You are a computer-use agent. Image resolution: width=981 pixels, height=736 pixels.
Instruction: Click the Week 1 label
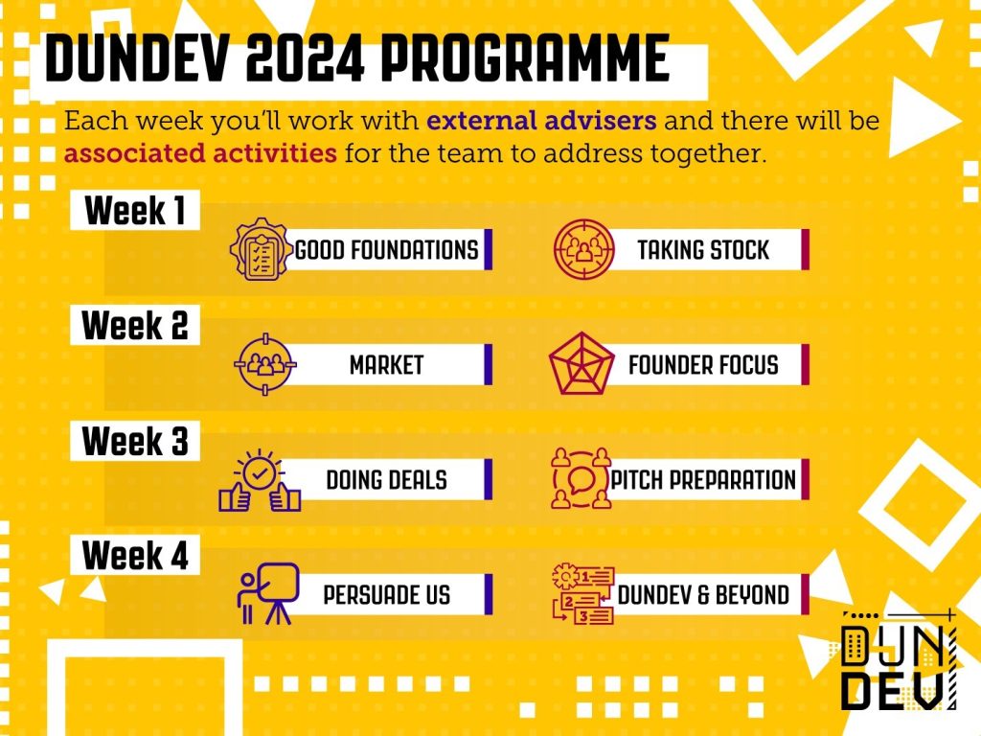coord(135,210)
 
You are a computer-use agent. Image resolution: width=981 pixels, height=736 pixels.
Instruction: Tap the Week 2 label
coord(135,326)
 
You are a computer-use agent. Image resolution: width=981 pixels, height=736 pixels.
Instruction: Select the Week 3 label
coord(135,441)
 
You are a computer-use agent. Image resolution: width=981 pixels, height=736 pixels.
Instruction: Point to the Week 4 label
coord(135,555)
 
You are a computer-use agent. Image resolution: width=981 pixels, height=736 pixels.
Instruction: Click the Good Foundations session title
coord(387,250)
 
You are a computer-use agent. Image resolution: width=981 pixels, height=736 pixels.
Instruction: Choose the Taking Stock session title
coord(703,250)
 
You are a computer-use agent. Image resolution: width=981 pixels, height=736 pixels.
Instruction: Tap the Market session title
coord(387,365)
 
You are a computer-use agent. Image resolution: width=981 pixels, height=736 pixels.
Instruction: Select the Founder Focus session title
coord(703,365)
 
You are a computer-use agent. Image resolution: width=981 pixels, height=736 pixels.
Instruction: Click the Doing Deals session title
coord(387,480)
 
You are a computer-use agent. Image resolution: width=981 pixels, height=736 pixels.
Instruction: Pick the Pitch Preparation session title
coord(703,480)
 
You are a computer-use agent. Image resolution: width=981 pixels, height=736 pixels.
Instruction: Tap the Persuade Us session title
coord(387,594)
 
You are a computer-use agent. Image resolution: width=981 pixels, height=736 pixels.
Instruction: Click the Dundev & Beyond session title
coord(703,594)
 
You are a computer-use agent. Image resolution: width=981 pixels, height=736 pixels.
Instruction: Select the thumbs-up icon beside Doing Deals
coord(260,480)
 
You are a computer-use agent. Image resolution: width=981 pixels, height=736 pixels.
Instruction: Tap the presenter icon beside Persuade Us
coord(268,593)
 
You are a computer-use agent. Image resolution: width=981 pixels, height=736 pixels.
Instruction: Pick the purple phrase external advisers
coord(542,120)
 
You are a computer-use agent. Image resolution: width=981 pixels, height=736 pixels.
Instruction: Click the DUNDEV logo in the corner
coord(899,659)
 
